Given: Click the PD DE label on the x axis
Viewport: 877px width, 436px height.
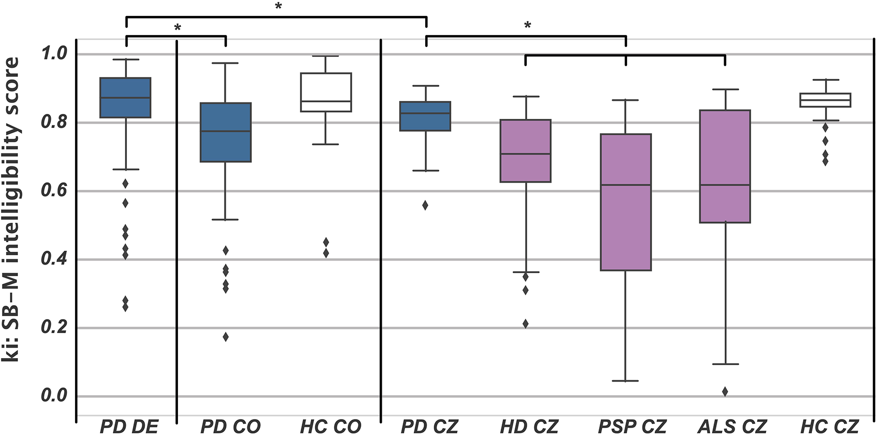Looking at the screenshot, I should click(129, 427).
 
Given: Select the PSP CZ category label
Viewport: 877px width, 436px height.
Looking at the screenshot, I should click(632, 427).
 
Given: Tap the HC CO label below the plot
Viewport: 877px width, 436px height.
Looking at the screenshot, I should click(330, 427).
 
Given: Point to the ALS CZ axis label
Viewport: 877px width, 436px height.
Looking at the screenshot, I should click(732, 427).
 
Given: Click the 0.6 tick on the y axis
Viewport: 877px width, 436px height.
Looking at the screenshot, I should click(53, 191).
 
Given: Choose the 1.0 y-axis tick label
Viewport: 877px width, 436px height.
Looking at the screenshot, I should click(53, 53).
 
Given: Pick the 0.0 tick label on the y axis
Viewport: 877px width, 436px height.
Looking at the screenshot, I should click(53, 396).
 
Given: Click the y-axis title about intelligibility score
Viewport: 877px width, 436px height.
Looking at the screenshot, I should click(11, 210).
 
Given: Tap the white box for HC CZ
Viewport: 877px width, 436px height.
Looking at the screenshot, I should click(825, 100).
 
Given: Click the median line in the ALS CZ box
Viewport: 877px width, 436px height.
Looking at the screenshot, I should click(725, 185).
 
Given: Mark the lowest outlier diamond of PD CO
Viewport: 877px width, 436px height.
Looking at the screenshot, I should click(225, 337).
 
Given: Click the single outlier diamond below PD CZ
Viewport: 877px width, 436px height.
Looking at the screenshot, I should click(425, 205).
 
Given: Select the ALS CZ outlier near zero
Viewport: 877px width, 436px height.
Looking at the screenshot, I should click(725, 392).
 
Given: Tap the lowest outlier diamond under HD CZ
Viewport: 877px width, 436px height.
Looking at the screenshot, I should click(525, 324).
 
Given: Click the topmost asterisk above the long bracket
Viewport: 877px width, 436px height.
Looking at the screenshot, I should click(278, 6).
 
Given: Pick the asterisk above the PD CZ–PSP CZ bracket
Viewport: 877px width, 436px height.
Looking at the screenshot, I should click(527, 25).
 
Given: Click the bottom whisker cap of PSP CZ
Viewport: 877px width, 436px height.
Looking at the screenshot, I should click(626, 381).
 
